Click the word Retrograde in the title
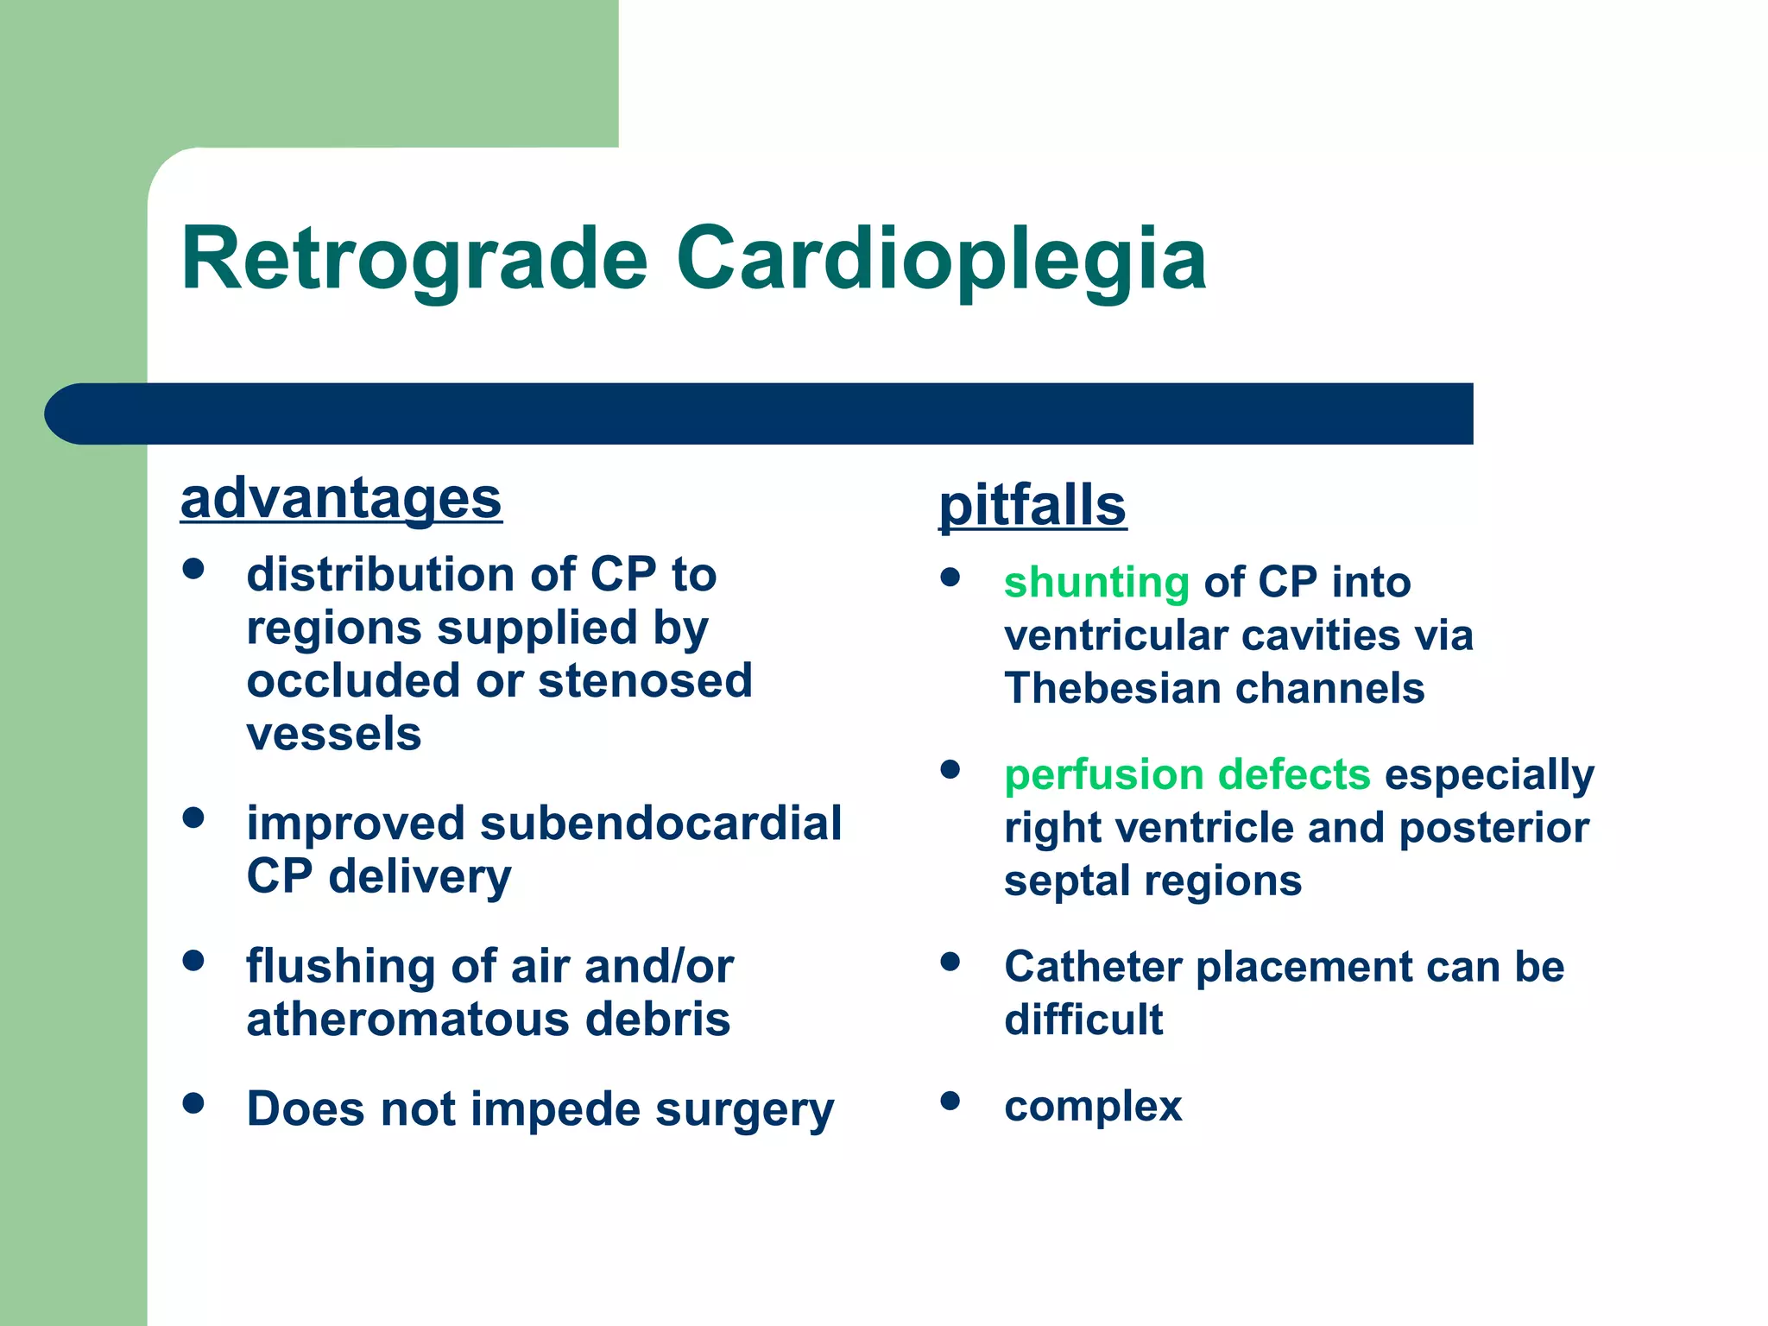[414, 260]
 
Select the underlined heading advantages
[341, 499]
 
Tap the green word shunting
[1096, 582]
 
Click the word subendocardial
[660, 823]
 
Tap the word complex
[1093, 1106]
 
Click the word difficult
[1083, 1020]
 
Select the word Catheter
[1093, 967]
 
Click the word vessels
[334, 734]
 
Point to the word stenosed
[645, 680]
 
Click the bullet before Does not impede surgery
[193, 1102]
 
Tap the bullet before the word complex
[950, 1101]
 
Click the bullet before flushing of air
[193, 960]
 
